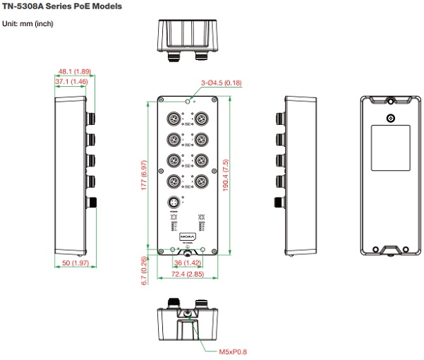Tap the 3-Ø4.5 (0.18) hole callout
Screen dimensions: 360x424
(x=221, y=83)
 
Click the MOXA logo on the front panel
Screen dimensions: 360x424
(x=186, y=234)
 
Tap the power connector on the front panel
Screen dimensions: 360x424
(x=173, y=205)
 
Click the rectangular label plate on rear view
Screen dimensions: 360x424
(x=389, y=147)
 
